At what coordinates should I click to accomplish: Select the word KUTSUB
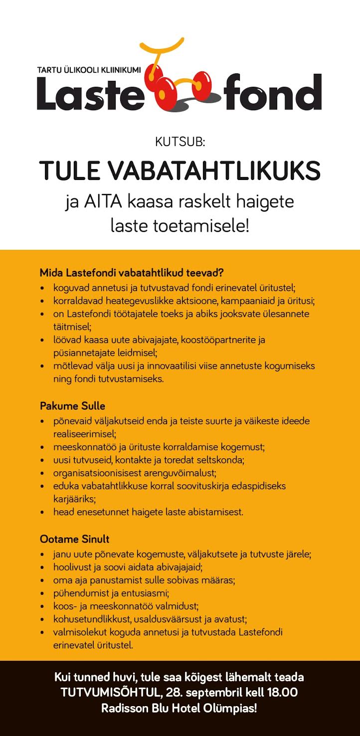(180, 142)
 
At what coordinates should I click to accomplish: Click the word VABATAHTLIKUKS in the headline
(214, 172)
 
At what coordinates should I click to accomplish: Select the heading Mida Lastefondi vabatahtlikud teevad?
(132, 273)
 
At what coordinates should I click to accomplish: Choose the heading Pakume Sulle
(72, 406)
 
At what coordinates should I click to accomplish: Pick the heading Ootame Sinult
(74, 539)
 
